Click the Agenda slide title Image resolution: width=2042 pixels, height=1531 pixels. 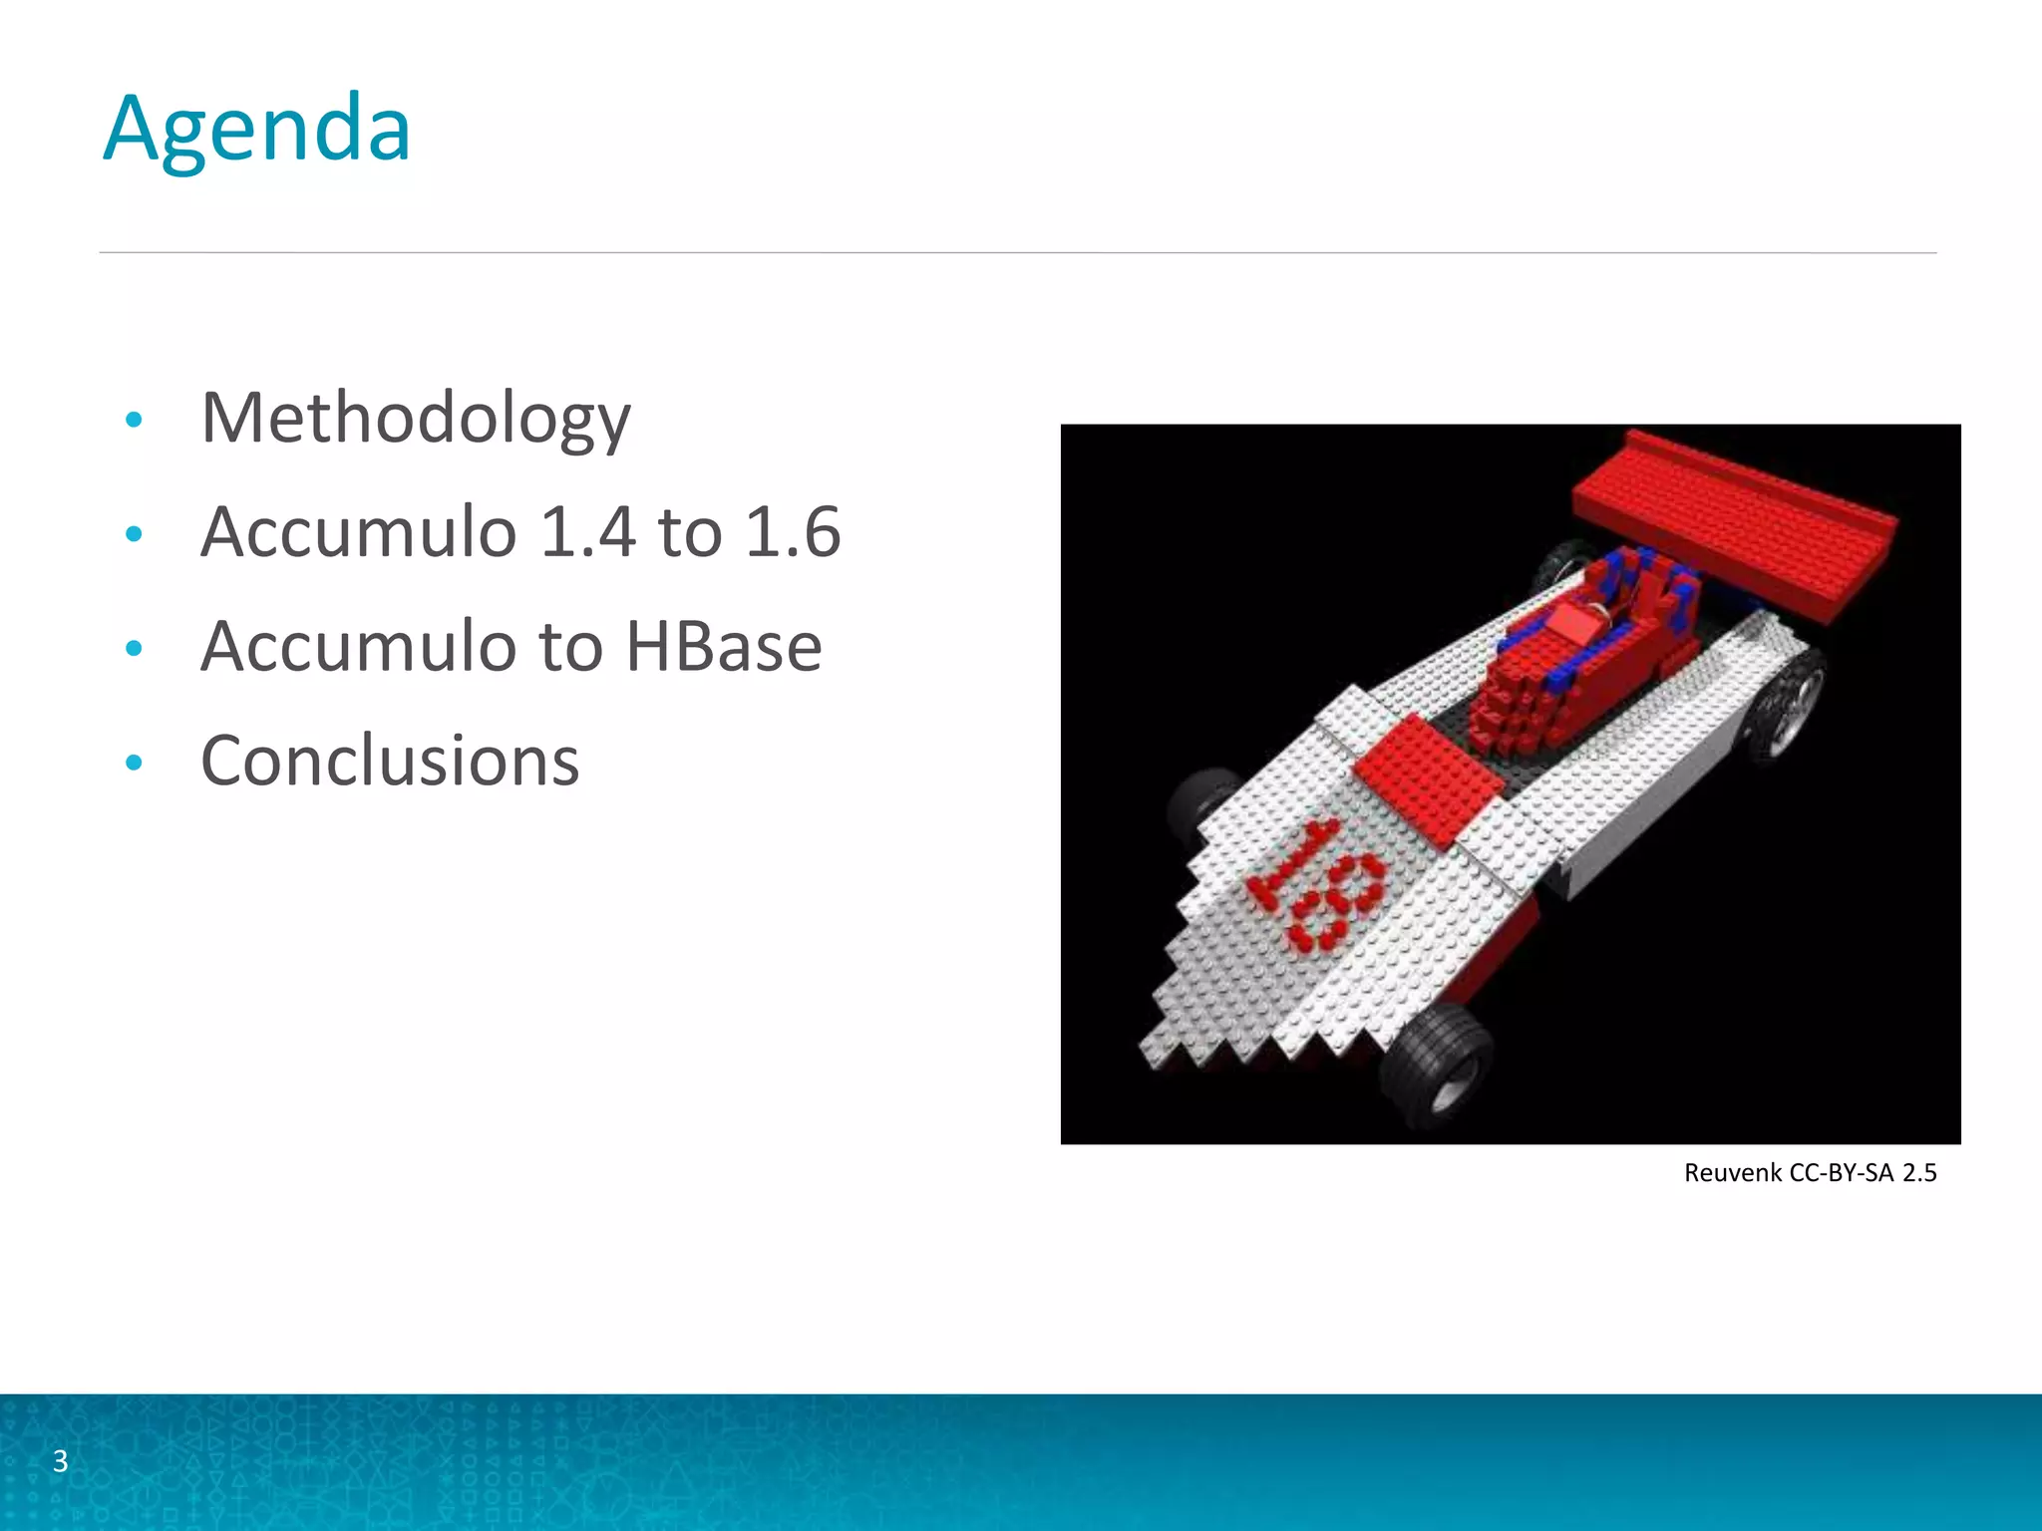(x=257, y=129)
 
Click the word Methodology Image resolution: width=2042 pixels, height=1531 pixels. (x=415, y=418)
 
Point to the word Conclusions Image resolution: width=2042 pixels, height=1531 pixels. (x=390, y=761)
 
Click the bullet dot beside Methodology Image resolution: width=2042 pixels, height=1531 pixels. (x=135, y=420)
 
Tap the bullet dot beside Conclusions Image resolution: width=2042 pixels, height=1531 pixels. (x=135, y=764)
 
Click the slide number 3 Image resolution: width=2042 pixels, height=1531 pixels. (x=60, y=1461)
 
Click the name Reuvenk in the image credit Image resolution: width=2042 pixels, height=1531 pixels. (x=1733, y=1173)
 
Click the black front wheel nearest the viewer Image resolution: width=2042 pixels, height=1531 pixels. (x=1436, y=1062)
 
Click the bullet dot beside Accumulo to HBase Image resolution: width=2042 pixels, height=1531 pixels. (x=135, y=649)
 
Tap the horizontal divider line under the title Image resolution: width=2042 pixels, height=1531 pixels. (x=1017, y=253)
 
